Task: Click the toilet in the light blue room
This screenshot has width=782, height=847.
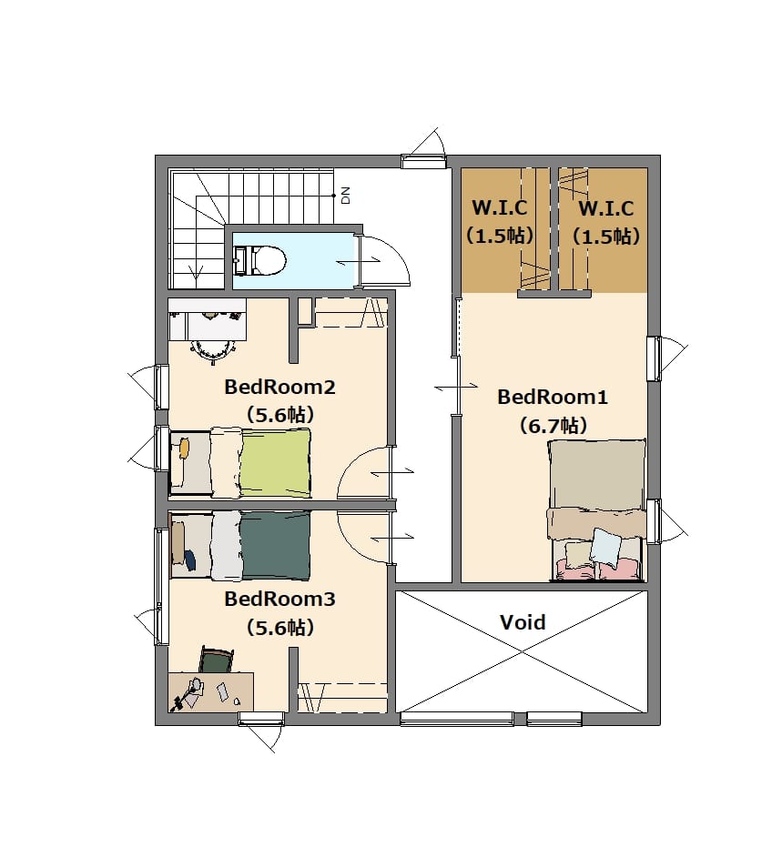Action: coord(259,260)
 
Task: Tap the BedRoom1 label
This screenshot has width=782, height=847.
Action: coord(553,397)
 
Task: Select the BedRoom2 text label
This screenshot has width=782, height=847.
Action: coord(279,387)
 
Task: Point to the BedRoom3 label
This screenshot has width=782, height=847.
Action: coord(279,599)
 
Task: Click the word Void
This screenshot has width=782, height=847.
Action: coord(523,621)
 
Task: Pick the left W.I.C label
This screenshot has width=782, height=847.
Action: coord(500,207)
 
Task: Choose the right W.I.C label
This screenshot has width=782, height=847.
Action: coord(605,208)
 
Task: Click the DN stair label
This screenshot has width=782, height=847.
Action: coord(346,195)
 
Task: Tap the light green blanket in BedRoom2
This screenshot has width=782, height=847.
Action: coord(276,462)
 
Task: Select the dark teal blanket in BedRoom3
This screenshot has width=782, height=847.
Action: coord(275,545)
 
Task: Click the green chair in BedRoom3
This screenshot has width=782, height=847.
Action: coord(217,660)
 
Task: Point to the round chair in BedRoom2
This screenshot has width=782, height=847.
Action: coord(213,349)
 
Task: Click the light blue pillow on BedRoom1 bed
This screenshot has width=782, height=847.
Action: coord(605,546)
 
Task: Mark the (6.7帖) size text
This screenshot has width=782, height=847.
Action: coord(553,426)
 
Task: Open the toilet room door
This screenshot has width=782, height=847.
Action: coord(382,260)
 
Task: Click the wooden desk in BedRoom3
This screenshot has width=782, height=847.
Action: coord(211,692)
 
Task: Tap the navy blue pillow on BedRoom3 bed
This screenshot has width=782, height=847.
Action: coord(189,560)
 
